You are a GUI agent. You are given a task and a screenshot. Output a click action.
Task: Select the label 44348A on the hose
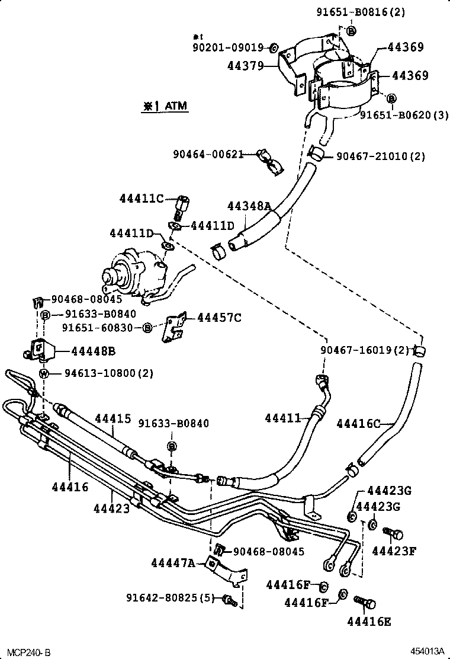click(249, 206)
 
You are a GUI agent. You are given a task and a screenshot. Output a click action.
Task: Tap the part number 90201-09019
click(230, 47)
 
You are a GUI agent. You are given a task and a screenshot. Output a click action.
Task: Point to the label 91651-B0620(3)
click(404, 116)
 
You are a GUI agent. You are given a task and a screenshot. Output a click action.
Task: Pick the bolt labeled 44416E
click(365, 604)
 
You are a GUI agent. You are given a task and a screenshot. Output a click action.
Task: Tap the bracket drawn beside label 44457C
click(175, 328)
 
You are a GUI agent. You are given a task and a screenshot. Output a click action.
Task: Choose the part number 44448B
click(93, 351)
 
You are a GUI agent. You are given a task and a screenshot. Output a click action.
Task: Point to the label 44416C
click(358, 423)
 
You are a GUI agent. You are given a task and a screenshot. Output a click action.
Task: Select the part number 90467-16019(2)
click(365, 350)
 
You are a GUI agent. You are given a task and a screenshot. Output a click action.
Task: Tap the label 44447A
click(172, 562)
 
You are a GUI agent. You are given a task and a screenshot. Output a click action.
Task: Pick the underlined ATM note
click(164, 107)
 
